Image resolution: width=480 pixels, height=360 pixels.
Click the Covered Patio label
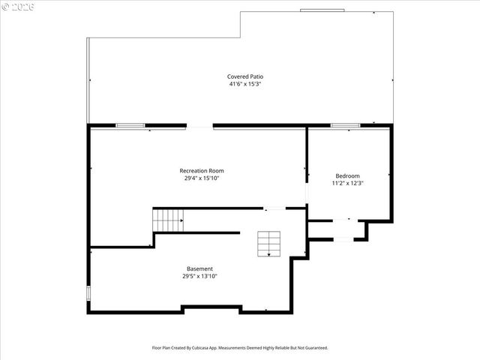click(x=245, y=76)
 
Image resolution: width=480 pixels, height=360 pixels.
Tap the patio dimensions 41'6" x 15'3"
click(x=245, y=84)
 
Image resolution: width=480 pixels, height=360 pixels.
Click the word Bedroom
click(x=347, y=175)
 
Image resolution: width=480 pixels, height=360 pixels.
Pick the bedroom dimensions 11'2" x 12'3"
click(x=347, y=183)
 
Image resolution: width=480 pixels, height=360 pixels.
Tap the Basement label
click(x=199, y=268)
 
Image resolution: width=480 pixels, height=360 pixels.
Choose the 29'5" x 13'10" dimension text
click(x=199, y=276)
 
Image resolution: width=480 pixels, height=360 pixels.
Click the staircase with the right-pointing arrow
click(x=168, y=220)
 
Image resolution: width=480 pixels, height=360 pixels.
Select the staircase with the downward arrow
click(x=269, y=244)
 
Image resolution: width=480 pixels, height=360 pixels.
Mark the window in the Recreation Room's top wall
click(x=130, y=125)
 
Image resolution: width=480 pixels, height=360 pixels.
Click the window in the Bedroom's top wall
click(x=346, y=125)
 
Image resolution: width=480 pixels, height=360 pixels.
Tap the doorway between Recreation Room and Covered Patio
click(x=199, y=126)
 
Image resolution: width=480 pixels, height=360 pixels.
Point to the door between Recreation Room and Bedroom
click(x=306, y=192)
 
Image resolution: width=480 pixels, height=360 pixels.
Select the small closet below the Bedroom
click(x=337, y=229)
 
